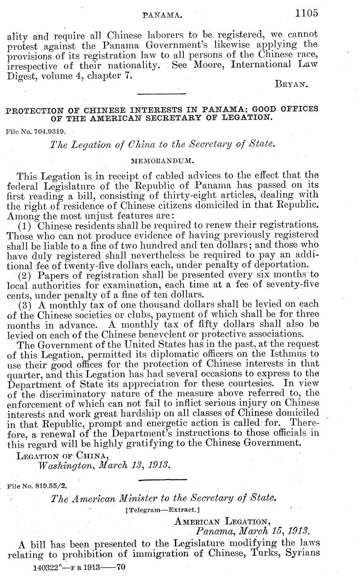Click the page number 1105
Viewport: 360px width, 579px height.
[306, 13]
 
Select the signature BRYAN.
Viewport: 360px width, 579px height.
[292, 84]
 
